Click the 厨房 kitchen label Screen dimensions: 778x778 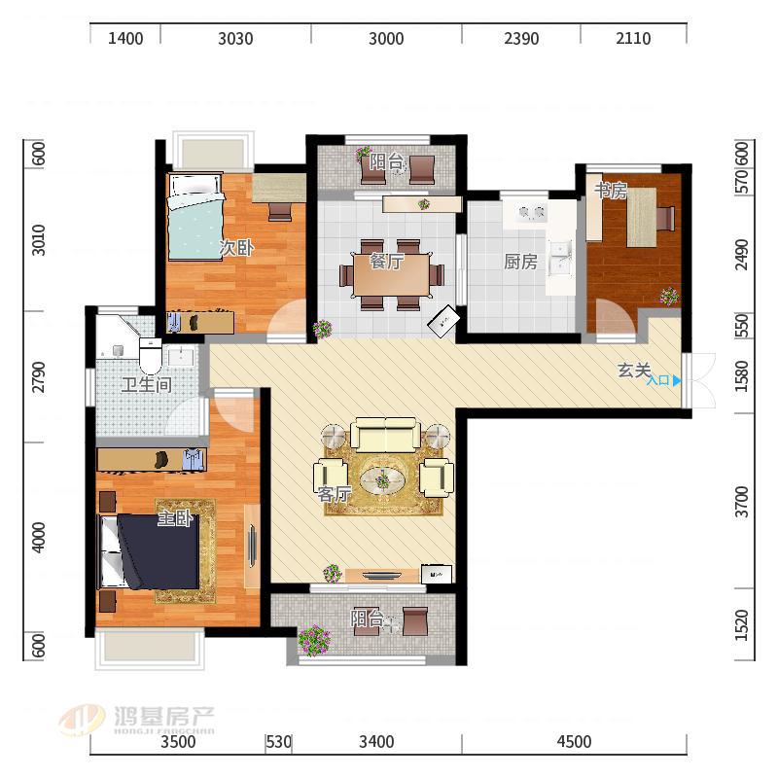point(520,262)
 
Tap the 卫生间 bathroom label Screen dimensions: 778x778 point(147,384)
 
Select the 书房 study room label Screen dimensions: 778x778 point(611,190)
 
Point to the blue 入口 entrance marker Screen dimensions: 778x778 point(664,380)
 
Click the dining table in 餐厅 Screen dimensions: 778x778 point(392,274)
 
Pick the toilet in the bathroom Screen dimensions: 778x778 point(151,356)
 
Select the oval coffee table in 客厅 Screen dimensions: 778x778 point(382,480)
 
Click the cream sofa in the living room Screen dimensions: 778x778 point(383,435)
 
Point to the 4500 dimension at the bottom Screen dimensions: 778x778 point(574,742)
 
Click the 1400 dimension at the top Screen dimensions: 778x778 point(125,38)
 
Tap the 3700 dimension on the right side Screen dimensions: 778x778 point(741,502)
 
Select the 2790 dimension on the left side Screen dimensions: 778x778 point(38,377)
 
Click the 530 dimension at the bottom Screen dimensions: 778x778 point(279,742)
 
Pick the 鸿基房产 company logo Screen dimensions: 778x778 point(137,720)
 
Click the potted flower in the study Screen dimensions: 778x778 point(669,297)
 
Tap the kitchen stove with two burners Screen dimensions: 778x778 point(532,213)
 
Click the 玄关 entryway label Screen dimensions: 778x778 point(634,371)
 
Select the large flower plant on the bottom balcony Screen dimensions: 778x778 point(314,641)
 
